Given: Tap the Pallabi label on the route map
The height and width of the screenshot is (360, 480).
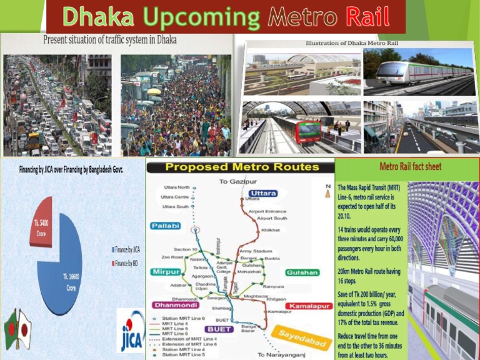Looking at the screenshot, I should coord(166,225).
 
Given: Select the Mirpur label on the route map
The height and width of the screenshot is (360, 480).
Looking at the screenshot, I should coord(166,272).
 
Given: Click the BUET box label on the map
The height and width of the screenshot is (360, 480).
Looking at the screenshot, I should coord(219,329).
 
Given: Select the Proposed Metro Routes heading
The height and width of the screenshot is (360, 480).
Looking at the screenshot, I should coord(241,167).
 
